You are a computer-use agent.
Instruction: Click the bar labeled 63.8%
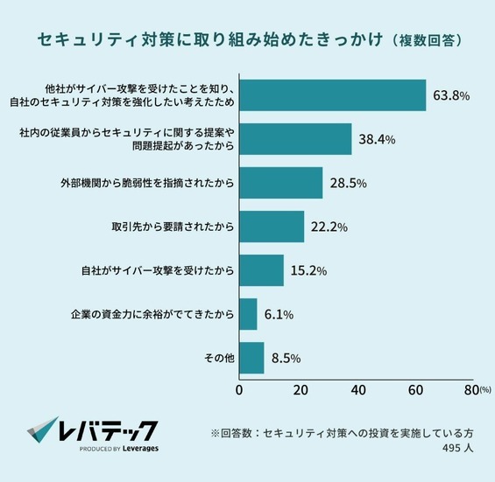pyautogui.click(x=332, y=95)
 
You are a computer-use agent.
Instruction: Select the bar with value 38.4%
pyautogui.click(x=295, y=139)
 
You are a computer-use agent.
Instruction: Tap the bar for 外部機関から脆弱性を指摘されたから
pyautogui.click(x=280, y=183)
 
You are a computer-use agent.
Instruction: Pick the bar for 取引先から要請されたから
pyautogui.click(x=272, y=227)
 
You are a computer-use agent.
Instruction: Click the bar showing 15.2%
pyautogui.click(x=261, y=270)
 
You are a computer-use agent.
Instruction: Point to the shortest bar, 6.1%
pyautogui.click(x=248, y=314)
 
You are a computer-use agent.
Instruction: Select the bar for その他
pyautogui.click(x=251, y=358)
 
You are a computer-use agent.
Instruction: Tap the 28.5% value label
pyautogui.click(x=347, y=184)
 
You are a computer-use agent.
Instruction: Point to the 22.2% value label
pyautogui.click(x=329, y=227)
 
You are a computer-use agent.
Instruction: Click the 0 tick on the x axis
pyautogui.click(x=239, y=389)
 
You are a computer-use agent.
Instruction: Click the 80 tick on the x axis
pyautogui.click(x=470, y=389)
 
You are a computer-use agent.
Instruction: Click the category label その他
pyautogui.click(x=218, y=358)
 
